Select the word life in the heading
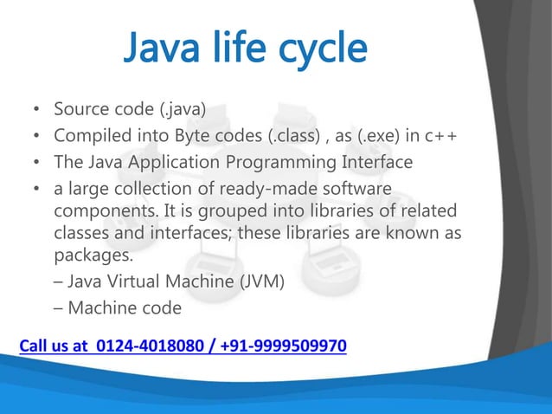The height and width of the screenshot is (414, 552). [234, 50]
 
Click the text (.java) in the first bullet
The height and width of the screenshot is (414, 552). [175, 111]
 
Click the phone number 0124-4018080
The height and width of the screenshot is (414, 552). [146, 347]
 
